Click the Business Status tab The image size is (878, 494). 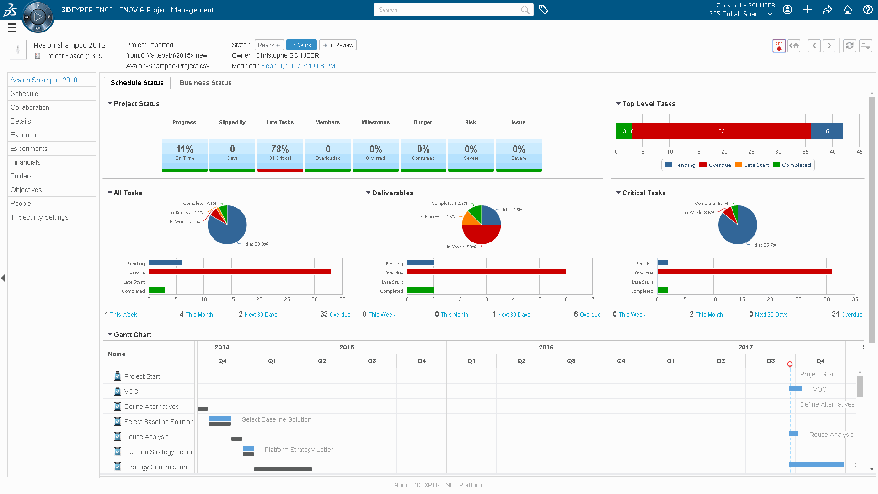pos(205,83)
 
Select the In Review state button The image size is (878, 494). pos(338,45)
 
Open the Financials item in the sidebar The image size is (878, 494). pos(26,162)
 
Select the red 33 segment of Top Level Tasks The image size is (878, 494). pos(721,131)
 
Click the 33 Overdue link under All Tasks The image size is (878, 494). pos(335,314)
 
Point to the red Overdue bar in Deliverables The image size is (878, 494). pos(486,272)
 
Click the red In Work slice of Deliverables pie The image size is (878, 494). pos(482,234)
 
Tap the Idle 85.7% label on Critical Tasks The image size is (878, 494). pos(765,245)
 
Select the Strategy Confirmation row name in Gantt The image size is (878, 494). pos(155,467)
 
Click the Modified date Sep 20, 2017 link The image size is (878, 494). pos(298,66)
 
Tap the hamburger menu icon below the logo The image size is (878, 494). pos(12,28)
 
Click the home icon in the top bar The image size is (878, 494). pos(847,10)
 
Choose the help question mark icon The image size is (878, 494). pos(867,10)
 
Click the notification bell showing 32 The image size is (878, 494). pos(779,46)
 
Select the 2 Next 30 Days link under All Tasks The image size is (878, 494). pos(258,314)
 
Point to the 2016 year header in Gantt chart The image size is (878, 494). pos(546,347)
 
